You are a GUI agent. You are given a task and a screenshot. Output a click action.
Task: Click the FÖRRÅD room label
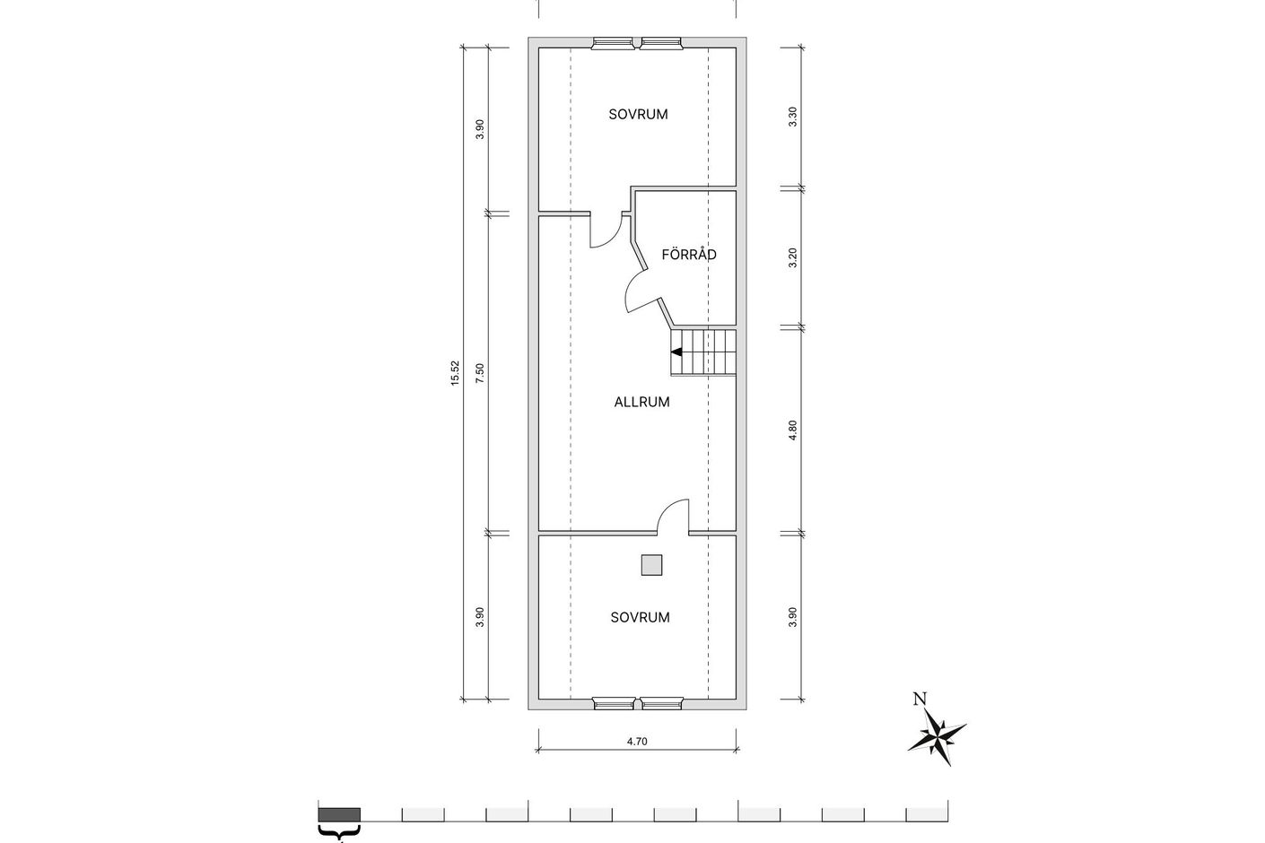click(x=689, y=255)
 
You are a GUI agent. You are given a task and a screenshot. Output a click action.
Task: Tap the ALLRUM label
click(x=642, y=402)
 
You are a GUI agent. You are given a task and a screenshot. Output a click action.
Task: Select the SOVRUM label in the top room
click(x=638, y=114)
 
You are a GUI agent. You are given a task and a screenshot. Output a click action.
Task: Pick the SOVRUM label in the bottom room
click(x=641, y=617)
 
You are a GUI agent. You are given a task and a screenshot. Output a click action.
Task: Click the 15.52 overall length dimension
click(x=455, y=373)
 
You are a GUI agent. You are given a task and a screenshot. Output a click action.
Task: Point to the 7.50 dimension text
click(x=479, y=373)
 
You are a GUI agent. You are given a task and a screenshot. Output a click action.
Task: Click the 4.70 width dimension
click(x=637, y=742)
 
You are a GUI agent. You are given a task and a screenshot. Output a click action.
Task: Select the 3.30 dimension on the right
click(x=792, y=117)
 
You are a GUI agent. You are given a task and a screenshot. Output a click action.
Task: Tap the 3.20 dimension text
click(x=792, y=257)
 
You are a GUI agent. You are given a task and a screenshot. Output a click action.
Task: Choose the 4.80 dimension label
click(x=792, y=430)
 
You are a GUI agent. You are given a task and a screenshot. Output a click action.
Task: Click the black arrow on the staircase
click(x=676, y=352)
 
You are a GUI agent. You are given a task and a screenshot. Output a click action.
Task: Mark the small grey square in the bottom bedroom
click(x=651, y=565)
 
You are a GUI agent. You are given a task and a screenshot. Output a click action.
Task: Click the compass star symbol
click(x=938, y=737)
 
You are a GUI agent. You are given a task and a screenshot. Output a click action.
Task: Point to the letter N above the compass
click(x=920, y=699)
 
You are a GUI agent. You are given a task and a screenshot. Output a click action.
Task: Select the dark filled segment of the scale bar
click(x=339, y=815)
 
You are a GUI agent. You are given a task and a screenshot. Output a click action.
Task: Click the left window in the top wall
click(x=613, y=43)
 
